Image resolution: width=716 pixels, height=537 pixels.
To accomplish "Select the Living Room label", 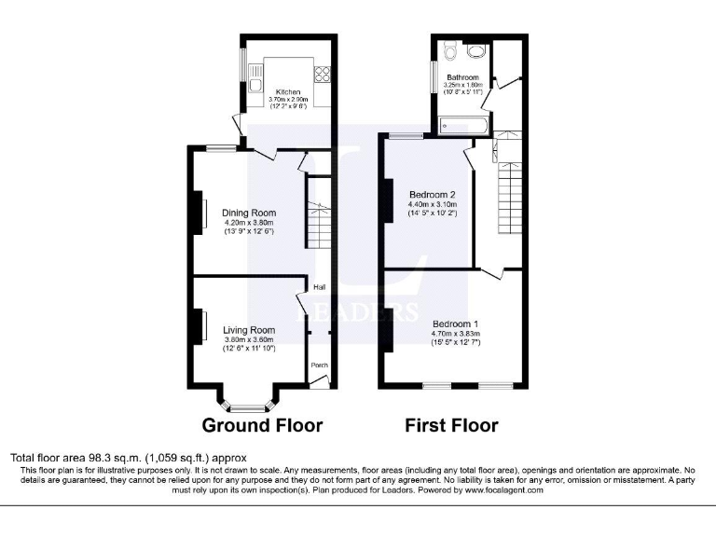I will coord(248,330).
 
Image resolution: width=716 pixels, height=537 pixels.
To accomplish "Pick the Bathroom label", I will coord(461,77).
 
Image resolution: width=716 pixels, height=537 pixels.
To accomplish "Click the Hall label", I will coord(318,288).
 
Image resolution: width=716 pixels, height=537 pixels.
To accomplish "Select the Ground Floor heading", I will coord(263,426).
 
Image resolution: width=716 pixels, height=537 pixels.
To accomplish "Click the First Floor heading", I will coord(451,426).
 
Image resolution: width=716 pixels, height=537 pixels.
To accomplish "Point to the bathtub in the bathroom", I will coord(461,122).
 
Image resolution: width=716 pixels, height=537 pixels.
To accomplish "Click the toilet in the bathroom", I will coord(449,50).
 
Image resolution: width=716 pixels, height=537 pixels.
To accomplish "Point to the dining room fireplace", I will coord(200,213).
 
